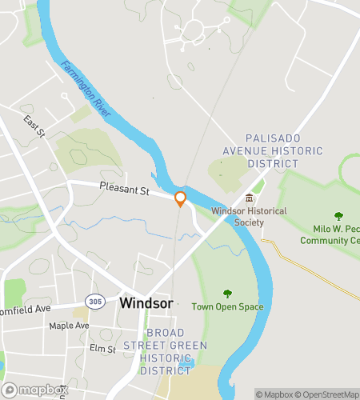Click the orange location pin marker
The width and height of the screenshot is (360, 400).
181,198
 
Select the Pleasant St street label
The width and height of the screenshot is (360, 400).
125,190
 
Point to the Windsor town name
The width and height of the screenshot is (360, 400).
146,304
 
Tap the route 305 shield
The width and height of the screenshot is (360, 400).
96,301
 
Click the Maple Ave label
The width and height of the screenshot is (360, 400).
69,326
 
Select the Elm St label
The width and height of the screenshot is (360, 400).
102,348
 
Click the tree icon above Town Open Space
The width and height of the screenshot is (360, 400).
227,294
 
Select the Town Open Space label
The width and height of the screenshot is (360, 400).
228,306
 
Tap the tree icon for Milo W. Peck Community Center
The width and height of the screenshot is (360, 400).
338,216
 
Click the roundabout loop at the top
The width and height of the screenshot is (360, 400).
193,30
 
